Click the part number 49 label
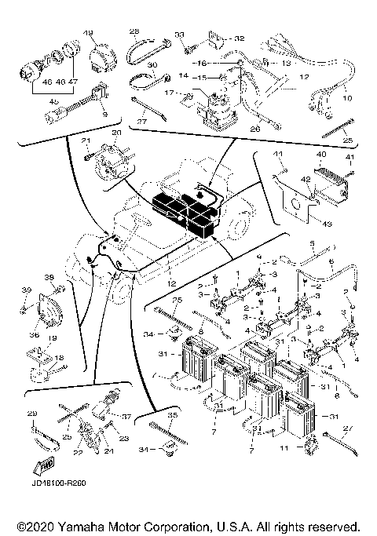[x=88, y=32]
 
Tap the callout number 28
[x=133, y=32]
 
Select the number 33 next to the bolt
[x=178, y=35]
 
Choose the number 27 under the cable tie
[x=142, y=122]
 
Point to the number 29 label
[x=32, y=414]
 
